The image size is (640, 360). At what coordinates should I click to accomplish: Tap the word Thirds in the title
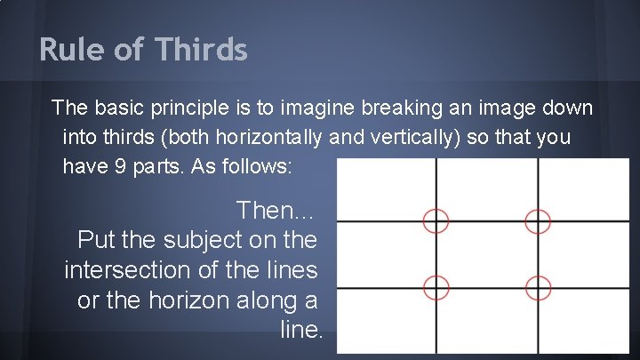click(x=202, y=50)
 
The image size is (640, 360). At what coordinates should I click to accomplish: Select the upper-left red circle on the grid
click(x=436, y=221)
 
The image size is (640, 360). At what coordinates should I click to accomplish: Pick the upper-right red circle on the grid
click(x=538, y=221)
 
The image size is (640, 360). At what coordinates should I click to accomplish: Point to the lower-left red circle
click(x=436, y=287)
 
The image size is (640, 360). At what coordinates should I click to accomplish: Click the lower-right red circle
click(x=538, y=287)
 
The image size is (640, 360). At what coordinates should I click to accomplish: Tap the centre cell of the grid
click(x=486, y=254)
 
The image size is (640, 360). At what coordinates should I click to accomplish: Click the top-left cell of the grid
click(x=387, y=190)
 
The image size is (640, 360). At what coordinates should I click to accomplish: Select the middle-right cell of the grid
click(x=587, y=254)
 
